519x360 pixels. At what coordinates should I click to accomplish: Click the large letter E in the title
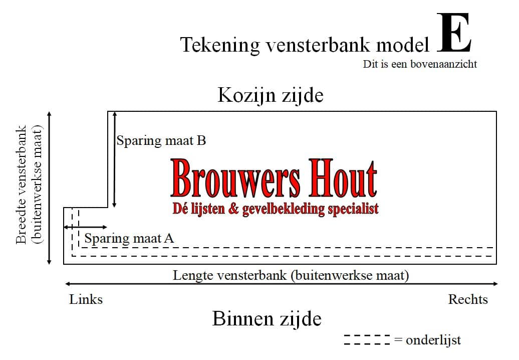coord(454,33)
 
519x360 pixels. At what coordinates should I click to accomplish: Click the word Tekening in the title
coord(220,45)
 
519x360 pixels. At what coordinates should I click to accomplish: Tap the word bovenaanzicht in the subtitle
coord(443,64)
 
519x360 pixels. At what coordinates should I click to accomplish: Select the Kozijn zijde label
coord(271,96)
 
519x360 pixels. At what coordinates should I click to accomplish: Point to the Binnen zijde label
coord(267,319)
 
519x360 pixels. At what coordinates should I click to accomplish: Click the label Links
coord(86,299)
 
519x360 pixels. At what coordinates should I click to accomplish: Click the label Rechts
coord(468,299)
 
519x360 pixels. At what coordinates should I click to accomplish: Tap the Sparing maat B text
coord(161,141)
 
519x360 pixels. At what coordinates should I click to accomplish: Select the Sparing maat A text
coord(129,239)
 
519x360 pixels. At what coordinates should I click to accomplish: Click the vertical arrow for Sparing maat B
coord(115,159)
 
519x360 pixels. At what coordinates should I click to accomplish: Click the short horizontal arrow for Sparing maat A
coord(85,227)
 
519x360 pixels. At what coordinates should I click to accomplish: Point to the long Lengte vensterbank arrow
coord(282,284)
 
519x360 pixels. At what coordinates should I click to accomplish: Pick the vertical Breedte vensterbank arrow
coord(49,188)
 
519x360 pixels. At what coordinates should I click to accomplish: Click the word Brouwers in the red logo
coord(235,178)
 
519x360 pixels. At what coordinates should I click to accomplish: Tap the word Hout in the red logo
coord(343,178)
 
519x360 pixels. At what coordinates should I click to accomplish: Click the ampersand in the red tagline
coord(233,209)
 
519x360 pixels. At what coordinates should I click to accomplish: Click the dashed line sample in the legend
coord(367,340)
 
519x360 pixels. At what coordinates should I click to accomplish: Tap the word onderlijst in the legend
coord(433,340)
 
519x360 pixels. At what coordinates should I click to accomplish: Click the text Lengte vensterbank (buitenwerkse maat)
coord(291,276)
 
